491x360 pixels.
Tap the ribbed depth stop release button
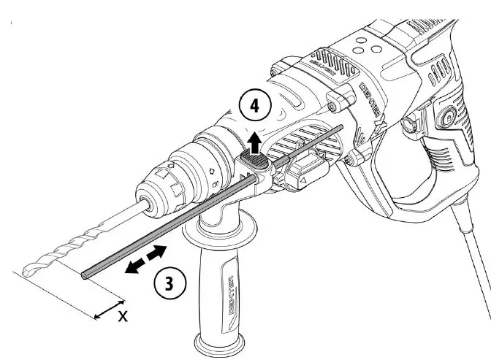tap(252, 158)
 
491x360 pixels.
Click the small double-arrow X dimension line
tap(110, 308)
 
